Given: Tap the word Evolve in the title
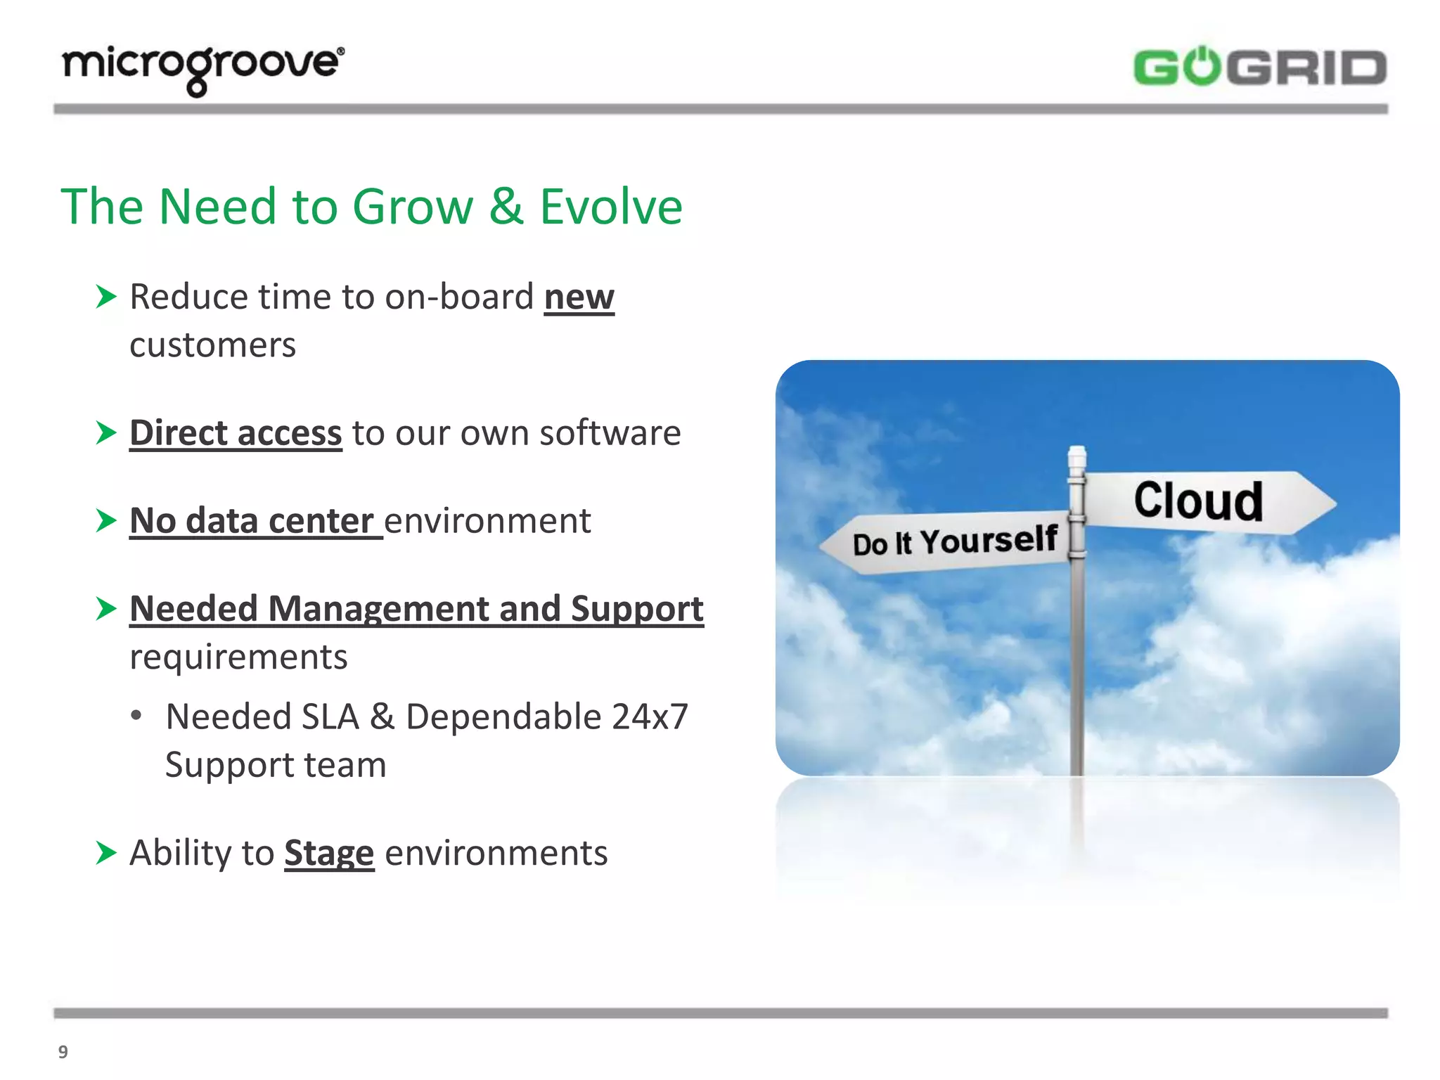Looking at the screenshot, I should coord(610,207).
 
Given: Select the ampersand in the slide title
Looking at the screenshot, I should coord(506,207).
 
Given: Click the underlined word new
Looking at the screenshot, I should coord(579,297).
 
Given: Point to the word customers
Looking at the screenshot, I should coord(212,345).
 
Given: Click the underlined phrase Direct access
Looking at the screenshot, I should coord(236,433).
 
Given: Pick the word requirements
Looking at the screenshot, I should coord(238,657).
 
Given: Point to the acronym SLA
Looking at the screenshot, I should coord(330,717).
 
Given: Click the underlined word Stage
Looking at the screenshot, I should coord(328,854).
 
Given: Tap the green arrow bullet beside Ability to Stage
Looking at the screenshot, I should coord(105,853).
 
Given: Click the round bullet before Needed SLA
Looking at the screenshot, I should coord(136,716).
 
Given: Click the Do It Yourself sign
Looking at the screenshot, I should coord(953,542).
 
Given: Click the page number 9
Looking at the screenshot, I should coord(63,1052).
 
